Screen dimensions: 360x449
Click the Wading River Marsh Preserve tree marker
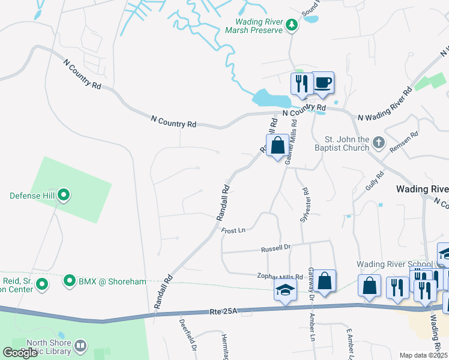click(x=292, y=25)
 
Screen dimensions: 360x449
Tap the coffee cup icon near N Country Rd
click(x=323, y=83)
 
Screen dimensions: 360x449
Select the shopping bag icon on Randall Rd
click(x=277, y=146)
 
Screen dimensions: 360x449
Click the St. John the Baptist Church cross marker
click(x=378, y=143)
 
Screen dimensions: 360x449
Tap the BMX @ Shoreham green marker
click(x=70, y=281)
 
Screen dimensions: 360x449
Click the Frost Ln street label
click(x=234, y=230)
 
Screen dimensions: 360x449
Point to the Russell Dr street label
click(x=276, y=248)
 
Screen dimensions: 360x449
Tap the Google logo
click(x=20, y=352)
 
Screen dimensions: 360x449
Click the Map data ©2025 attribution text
click(x=422, y=355)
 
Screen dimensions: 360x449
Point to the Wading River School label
click(x=394, y=264)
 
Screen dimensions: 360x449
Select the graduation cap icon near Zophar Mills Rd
click(x=285, y=291)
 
